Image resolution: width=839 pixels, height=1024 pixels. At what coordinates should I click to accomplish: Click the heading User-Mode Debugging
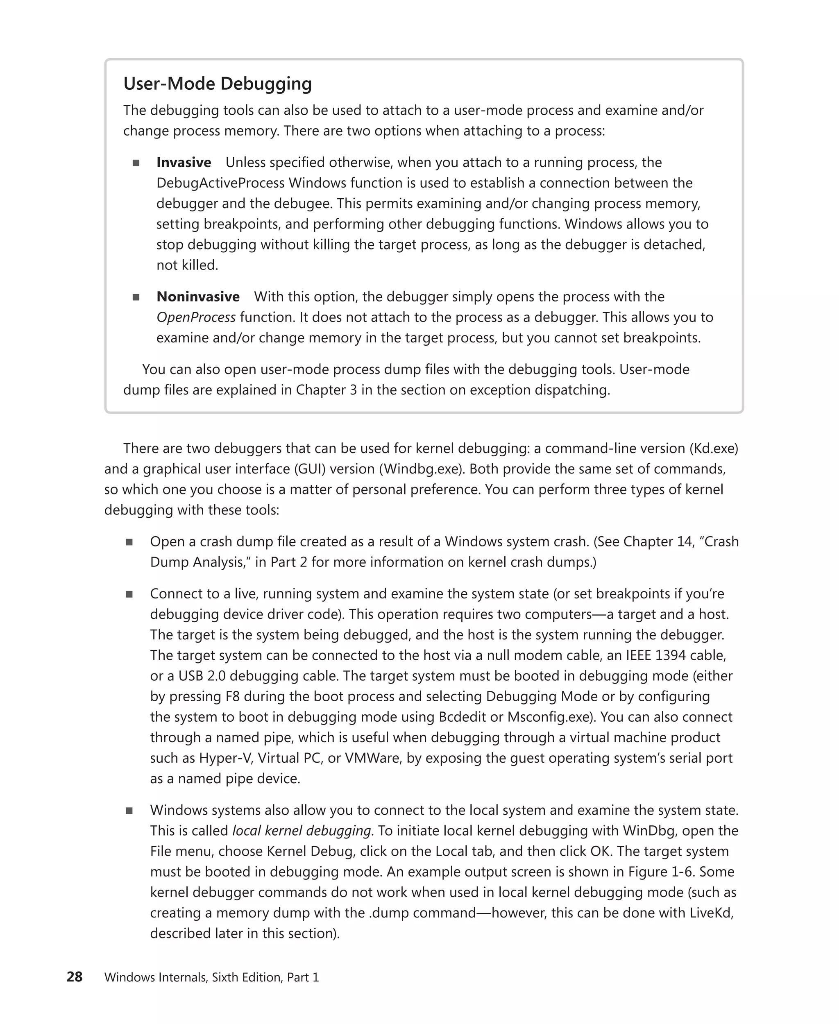pyautogui.click(x=218, y=84)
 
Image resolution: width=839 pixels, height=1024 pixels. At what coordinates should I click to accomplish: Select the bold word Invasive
pyautogui.click(x=184, y=162)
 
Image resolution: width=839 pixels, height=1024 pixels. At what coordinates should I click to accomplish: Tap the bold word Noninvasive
pyautogui.click(x=198, y=296)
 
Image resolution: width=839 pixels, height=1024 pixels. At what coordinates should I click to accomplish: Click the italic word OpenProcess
pyautogui.click(x=196, y=317)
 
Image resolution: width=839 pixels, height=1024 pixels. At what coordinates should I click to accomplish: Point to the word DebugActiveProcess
pyautogui.click(x=220, y=183)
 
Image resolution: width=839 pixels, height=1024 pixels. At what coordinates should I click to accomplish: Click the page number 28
pyautogui.click(x=75, y=976)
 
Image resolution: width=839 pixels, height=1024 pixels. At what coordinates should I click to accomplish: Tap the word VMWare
pyautogui.click(x=373, y=758)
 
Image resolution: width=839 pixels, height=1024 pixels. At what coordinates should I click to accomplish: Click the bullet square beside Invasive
pyautogui.click(x=136, y=163)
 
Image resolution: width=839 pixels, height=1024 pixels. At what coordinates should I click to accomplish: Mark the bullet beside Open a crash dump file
pyautogui.click(x=129, y=542)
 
